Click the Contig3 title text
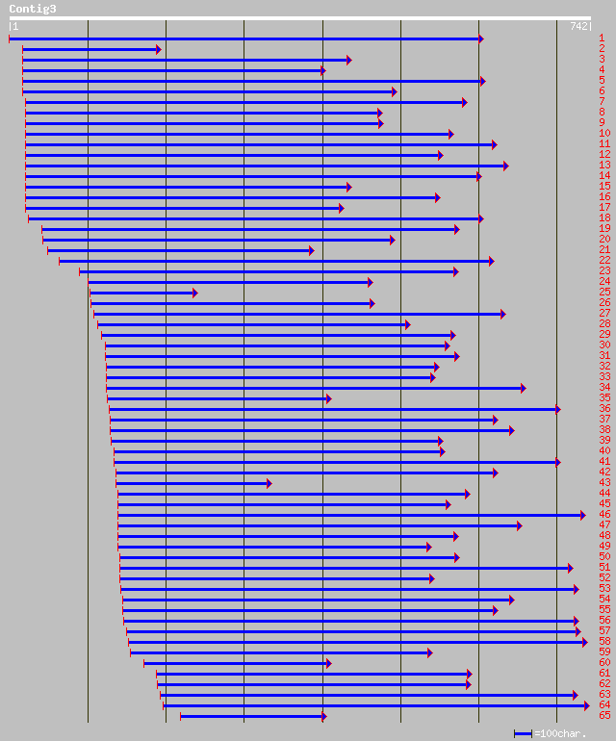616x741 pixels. coord(33,9)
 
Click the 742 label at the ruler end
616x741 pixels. coord(579,26)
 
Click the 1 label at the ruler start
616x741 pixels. coord(14,26)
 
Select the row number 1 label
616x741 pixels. coord(602,38)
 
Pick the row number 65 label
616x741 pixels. coord(604,716)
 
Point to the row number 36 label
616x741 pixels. coord(604,409)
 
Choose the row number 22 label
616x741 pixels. coord(604,261)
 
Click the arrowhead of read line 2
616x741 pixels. coord(158,49)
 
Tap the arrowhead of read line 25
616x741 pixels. coord(193,293)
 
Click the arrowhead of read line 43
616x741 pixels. coord(269,483)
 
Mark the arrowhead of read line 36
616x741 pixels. coord(557,409)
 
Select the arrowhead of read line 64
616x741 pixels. coord(586,705)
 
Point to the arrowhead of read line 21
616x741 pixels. coord(311,250)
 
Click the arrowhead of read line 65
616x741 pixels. coord(323,716)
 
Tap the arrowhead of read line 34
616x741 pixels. coord(523,388)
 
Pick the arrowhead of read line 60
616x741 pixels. coord(328,663)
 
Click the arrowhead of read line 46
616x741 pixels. coord(582,515)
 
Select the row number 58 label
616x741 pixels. coord(604,642)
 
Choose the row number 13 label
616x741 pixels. coord(604,166)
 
